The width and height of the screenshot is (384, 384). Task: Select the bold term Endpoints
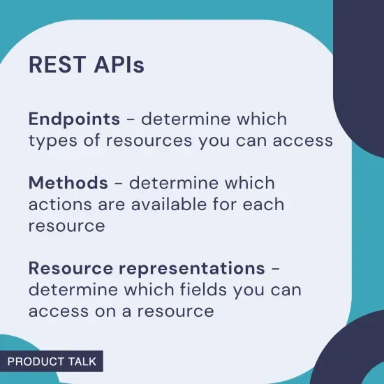(74, 119)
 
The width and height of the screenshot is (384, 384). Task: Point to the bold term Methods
(68, 184)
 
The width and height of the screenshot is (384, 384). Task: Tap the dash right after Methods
(118, 184)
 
